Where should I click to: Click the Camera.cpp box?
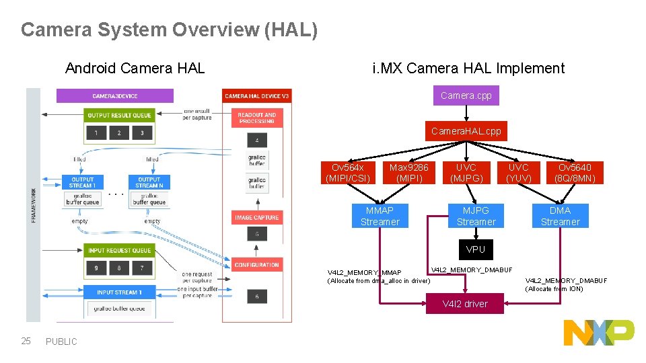click(466, 95)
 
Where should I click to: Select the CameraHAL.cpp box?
click(466, 131)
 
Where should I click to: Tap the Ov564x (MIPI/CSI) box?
click(347, 173)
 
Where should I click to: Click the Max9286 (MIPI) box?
click(409, 173)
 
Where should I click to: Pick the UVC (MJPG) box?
click(466, 173)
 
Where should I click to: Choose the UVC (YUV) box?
click(518, 173)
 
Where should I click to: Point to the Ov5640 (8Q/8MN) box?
click(575, 173)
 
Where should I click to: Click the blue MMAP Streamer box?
click(380, 216)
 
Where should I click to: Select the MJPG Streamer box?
click(476, 216)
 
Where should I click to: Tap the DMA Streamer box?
click(560, 216)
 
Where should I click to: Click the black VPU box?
click(476, 249)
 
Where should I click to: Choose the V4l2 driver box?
click(465, 304)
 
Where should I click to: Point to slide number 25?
click(26, 341)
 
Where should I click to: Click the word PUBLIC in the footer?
click(61, 341)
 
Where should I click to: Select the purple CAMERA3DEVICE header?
click(114, 96)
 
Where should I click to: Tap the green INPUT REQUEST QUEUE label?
click(119, 251)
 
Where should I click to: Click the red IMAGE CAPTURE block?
click(256, 218)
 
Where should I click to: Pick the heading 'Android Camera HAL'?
click(135, 68)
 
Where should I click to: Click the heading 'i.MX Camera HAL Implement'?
click(468, 68)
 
